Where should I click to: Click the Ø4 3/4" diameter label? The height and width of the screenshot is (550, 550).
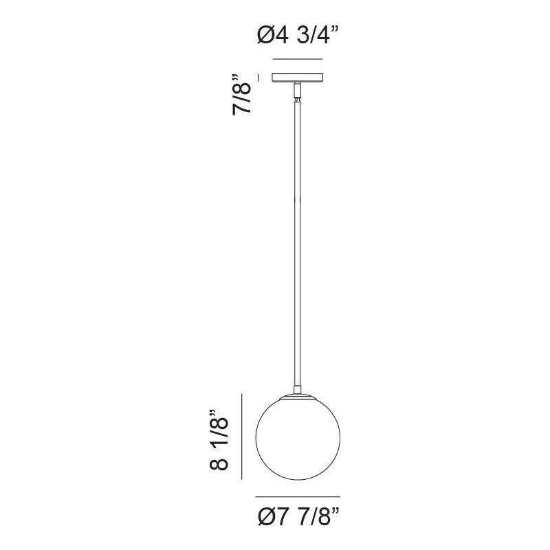pyautogui.click(x=298, y=36)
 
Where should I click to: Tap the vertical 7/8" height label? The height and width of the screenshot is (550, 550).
pyautogui.click(x=242, y=94)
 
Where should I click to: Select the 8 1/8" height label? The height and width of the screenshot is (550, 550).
pyautogui.click(x=219, y=440)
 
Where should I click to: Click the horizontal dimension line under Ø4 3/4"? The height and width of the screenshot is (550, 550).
pyautogui.click(x=298, y=59)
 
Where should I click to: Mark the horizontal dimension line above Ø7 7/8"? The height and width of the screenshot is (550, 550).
pyautogui.click(x=298, y=496)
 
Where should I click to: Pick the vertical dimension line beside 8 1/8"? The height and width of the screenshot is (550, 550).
pyautogui.click(x=242, y=437)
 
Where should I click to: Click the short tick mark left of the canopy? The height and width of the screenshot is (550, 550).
pyautogui.click(x=259, y=78)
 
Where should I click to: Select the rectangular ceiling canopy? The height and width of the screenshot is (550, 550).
pyautogui.click(x=298, y=78)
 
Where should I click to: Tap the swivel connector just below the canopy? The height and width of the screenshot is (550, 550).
pyautogui.click(x=298, y=91)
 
